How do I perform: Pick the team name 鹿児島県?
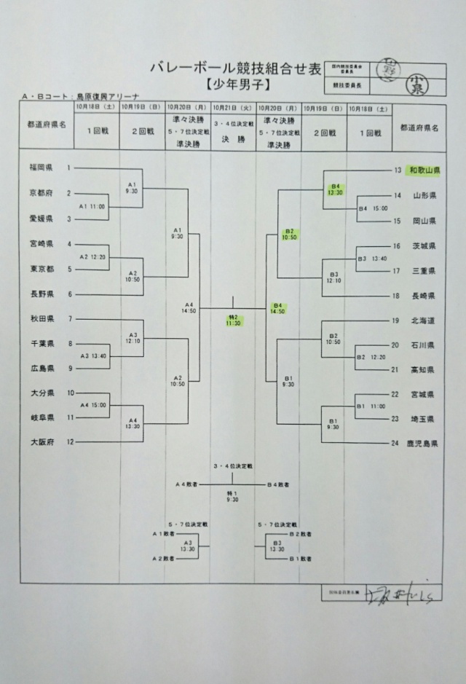click(419, 442)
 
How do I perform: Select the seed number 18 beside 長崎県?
click(398, 296)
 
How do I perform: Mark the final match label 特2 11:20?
click(234, 319)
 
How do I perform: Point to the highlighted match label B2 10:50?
click(289, 235)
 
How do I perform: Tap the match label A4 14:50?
click(189, 308)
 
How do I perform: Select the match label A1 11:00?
click(92, 206)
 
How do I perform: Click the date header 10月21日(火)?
click(234, 107)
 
